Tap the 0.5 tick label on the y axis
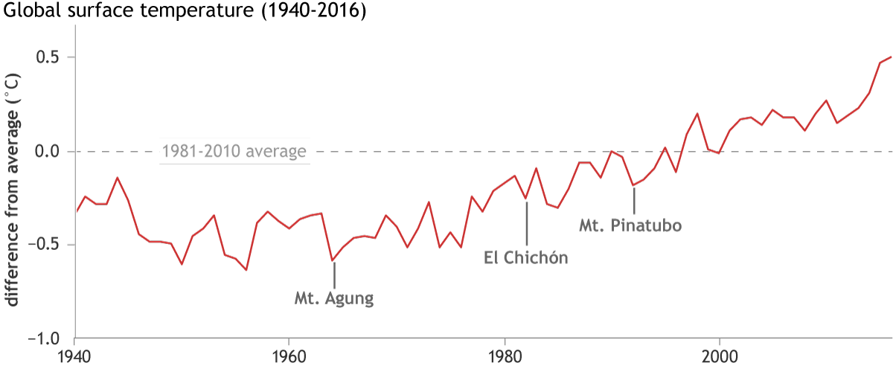click(x=50, y=58)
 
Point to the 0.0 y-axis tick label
click(x=50, y=152)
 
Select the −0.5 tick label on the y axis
click(x=46, y=245)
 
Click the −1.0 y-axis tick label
click(x=46, y=339)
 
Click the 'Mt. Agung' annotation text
click(x=333, y=301)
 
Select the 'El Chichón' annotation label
click(x=526, y=259)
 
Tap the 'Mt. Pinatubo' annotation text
click(x=631, y=224)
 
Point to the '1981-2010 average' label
click(x=235, y=152)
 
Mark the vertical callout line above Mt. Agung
click(x=334, y=275)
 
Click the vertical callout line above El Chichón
click(x=526, y=222)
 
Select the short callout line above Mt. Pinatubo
click(x=634, y=200)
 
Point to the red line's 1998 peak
click(x=697, y=114)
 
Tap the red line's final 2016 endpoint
click(x=891, y=57)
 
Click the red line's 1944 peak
click(x=118, y=178)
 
